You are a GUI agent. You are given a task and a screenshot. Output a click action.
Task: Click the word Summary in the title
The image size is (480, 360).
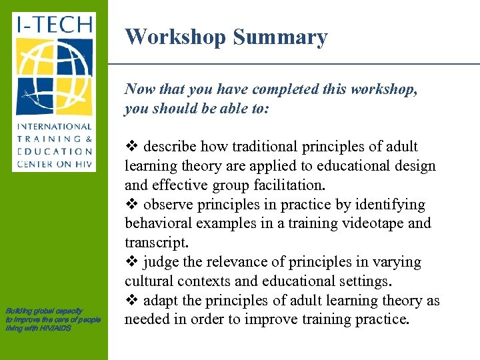click(280, 37)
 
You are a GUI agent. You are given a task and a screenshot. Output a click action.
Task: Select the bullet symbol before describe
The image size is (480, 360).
click(131, 147)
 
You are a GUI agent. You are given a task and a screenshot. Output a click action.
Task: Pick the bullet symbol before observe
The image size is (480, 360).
click(131, 205)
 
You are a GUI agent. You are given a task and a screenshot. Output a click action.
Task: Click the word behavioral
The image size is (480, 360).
click(156, 223)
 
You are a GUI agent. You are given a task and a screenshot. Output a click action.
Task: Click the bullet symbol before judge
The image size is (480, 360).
click(131, 262)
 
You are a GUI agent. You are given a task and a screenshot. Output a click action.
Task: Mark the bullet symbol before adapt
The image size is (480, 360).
click(131, 301)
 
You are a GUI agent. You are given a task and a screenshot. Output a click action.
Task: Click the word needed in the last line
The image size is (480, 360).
click(147, 319)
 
